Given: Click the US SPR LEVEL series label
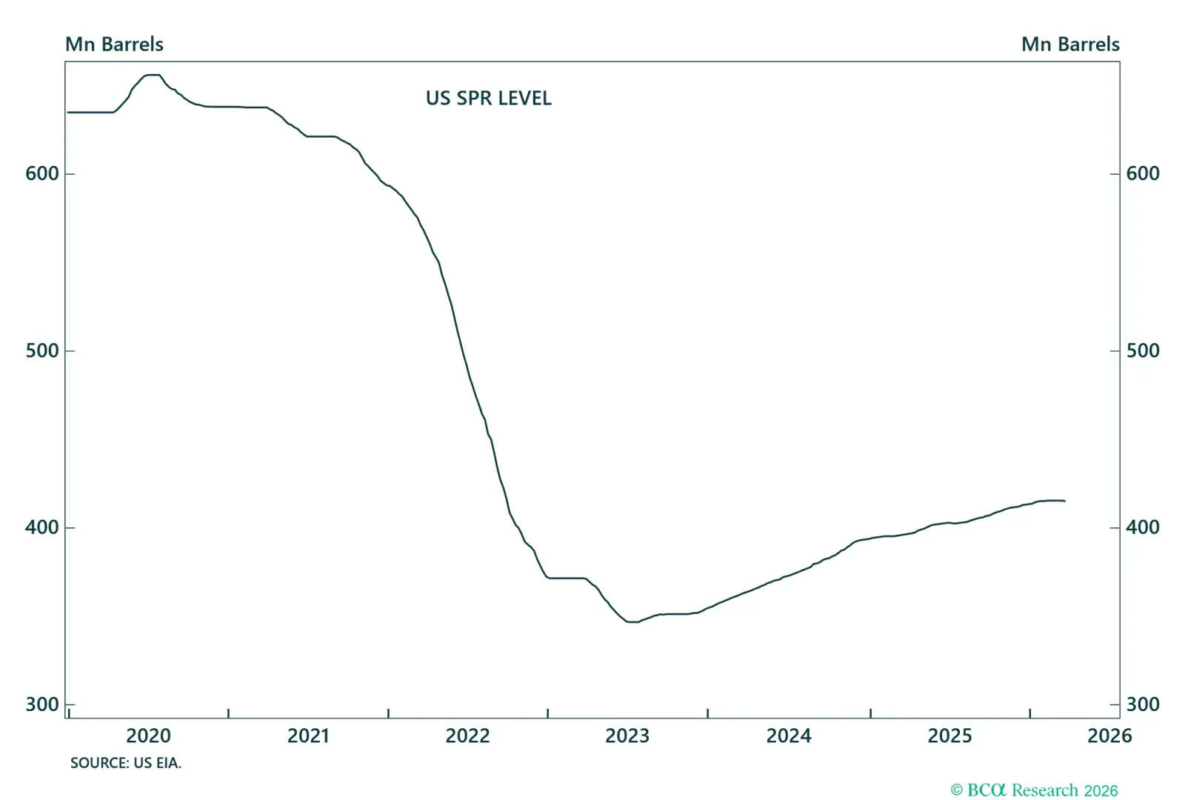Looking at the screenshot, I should [488, 99].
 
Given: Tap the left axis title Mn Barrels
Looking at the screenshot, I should [114, 44].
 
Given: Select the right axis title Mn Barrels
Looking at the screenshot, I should [1070, 44].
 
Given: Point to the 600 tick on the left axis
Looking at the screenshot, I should [42, 173].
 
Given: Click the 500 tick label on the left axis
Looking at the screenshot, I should [42, 350].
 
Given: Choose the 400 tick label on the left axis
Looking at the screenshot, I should [42, 527].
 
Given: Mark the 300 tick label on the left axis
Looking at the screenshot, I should [42, 704].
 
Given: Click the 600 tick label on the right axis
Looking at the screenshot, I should [1143, 173].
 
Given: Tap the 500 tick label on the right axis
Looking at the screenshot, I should [1143, 350].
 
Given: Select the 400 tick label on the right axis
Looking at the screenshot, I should [1143, 527].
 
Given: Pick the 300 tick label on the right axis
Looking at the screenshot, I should [1143, 704].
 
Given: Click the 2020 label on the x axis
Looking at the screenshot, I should [148, 736].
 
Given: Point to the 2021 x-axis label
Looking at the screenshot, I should [308, 736].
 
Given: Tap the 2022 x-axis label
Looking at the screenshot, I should [467, 736].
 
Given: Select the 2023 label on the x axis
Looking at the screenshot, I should [627, 736].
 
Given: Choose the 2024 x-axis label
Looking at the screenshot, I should [789, 736].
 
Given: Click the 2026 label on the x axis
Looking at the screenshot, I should [1109, 736].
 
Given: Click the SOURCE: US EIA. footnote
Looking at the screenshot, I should [126, 763].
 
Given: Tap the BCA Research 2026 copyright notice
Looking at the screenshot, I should [1034, 790].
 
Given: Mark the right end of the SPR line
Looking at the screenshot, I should [1064, 501].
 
